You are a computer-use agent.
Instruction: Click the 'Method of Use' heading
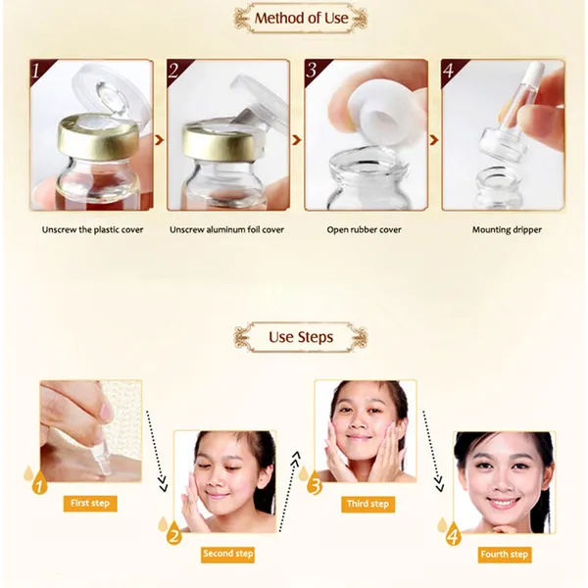[x=301, y=18]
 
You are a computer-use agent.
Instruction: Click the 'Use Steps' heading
[x=301, y=337]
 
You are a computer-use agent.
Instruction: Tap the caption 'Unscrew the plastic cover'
[x=92, y=230]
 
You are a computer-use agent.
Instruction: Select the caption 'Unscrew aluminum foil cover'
[x=226, y=229]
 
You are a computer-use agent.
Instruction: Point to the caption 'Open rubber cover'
[x=364, y=230]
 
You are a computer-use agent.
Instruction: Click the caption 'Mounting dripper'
[x=507, y=230]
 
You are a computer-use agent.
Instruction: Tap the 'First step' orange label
[x=90, y=504]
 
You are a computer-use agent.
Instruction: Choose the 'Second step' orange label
[x=227, y=554]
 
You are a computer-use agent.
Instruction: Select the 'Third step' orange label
[x=367, y=504]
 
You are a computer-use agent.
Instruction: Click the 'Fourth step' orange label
[x=505, y=555]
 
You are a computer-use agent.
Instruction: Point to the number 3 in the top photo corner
[x=311, y=70]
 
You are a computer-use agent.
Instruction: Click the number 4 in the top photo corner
[x=449, y=71]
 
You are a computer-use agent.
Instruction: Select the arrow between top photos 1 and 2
[x=160, y=140]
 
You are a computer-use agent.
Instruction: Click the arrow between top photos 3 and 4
[x=434, y=140]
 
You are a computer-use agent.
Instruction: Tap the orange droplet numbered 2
[x=173, y=533]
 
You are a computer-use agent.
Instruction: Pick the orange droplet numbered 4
[x=454, y=534]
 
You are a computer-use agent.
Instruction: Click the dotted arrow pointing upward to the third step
[x=288, y=491]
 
